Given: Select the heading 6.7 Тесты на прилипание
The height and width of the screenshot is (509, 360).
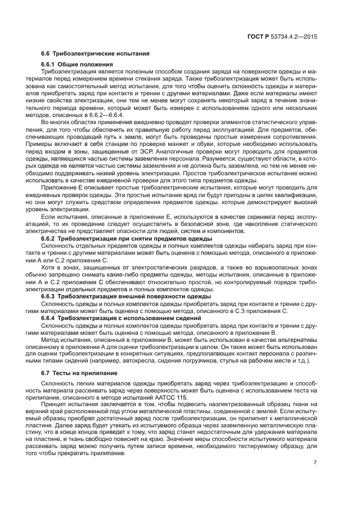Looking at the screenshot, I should tap(80, 375).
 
